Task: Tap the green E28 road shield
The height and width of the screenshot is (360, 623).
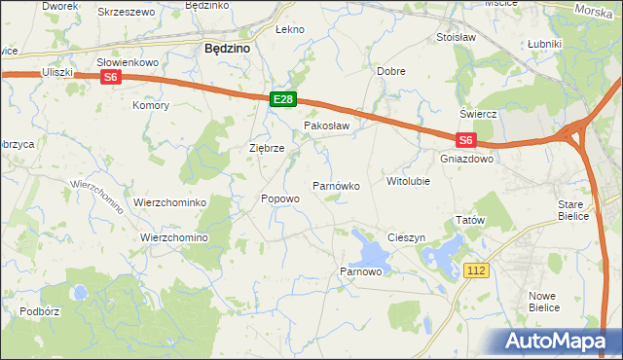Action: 282,99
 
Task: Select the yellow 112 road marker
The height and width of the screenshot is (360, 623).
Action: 476,270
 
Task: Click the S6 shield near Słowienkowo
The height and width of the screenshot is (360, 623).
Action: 111,77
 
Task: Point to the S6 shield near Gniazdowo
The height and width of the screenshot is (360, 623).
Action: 465,140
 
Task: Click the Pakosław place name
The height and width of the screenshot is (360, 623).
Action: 326,126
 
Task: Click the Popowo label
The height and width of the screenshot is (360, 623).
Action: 279,198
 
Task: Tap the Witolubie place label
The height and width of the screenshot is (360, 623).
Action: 408,181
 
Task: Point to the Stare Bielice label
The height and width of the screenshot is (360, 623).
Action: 573,209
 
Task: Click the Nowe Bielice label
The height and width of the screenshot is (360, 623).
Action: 543,301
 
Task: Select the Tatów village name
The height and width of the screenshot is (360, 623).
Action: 470,221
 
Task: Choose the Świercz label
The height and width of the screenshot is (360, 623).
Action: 479,114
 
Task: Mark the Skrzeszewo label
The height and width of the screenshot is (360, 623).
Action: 127,12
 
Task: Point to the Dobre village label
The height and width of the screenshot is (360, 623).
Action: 390,72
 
